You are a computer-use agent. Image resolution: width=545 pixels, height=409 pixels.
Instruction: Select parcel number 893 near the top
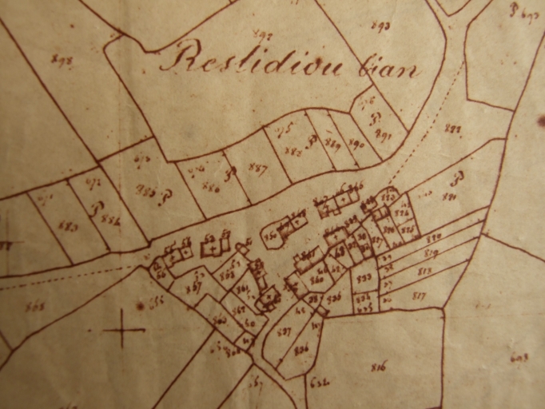380,26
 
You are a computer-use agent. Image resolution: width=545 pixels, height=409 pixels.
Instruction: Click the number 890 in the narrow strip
357,144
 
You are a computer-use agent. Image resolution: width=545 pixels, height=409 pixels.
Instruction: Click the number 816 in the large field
379,367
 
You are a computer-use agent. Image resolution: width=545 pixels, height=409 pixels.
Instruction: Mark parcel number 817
418,296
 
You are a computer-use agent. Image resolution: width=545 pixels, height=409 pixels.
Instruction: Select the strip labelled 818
424,271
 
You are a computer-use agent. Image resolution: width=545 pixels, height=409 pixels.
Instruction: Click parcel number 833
364,277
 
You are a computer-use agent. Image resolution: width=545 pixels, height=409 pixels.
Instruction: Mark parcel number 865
34,305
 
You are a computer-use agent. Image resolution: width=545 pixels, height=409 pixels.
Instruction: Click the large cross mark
124,328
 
